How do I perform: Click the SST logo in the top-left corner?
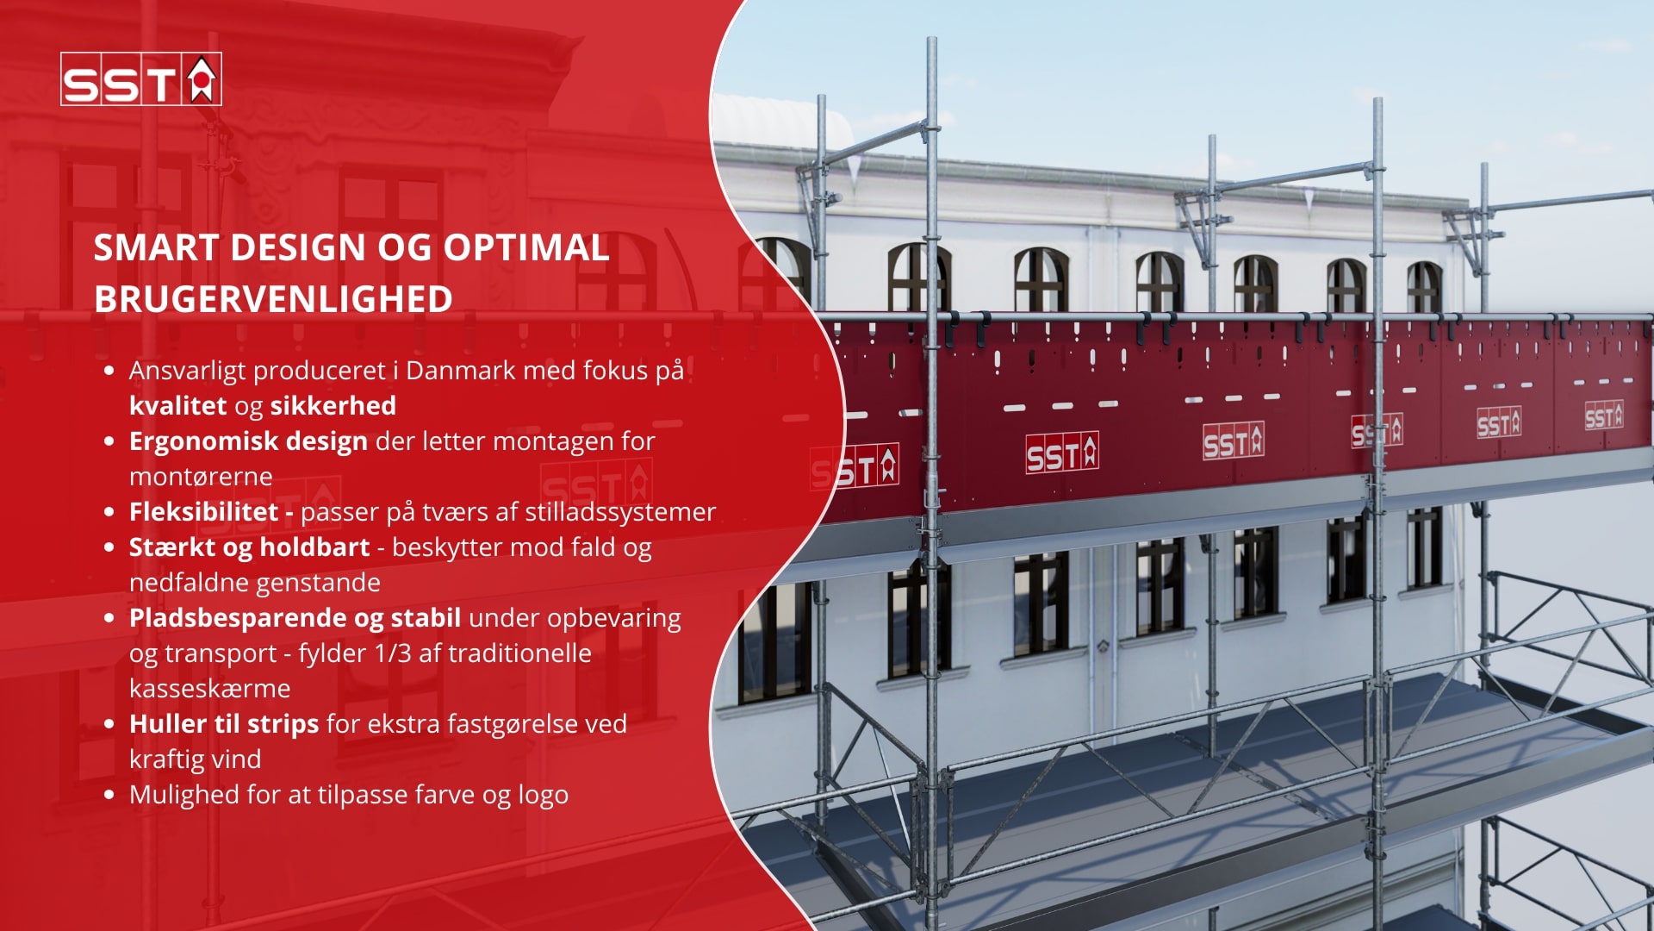tap(141, 79)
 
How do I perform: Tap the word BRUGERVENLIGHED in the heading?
tap(273, 300)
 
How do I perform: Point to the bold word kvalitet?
tap(178, 406)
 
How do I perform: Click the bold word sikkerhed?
tap(333, 406)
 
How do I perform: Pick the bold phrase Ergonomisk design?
tap(249, 442)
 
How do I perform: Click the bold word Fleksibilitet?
tap(204, 512)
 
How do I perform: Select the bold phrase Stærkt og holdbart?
tap(250, 548)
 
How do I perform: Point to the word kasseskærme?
tap(210, 689)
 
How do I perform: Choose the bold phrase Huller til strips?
tap(224, 725)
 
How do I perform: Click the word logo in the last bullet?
tap(544, 796)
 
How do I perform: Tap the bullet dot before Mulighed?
tap(109, 795)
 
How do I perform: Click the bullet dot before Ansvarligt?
tap(109, 371)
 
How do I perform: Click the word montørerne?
tap(201, 477)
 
